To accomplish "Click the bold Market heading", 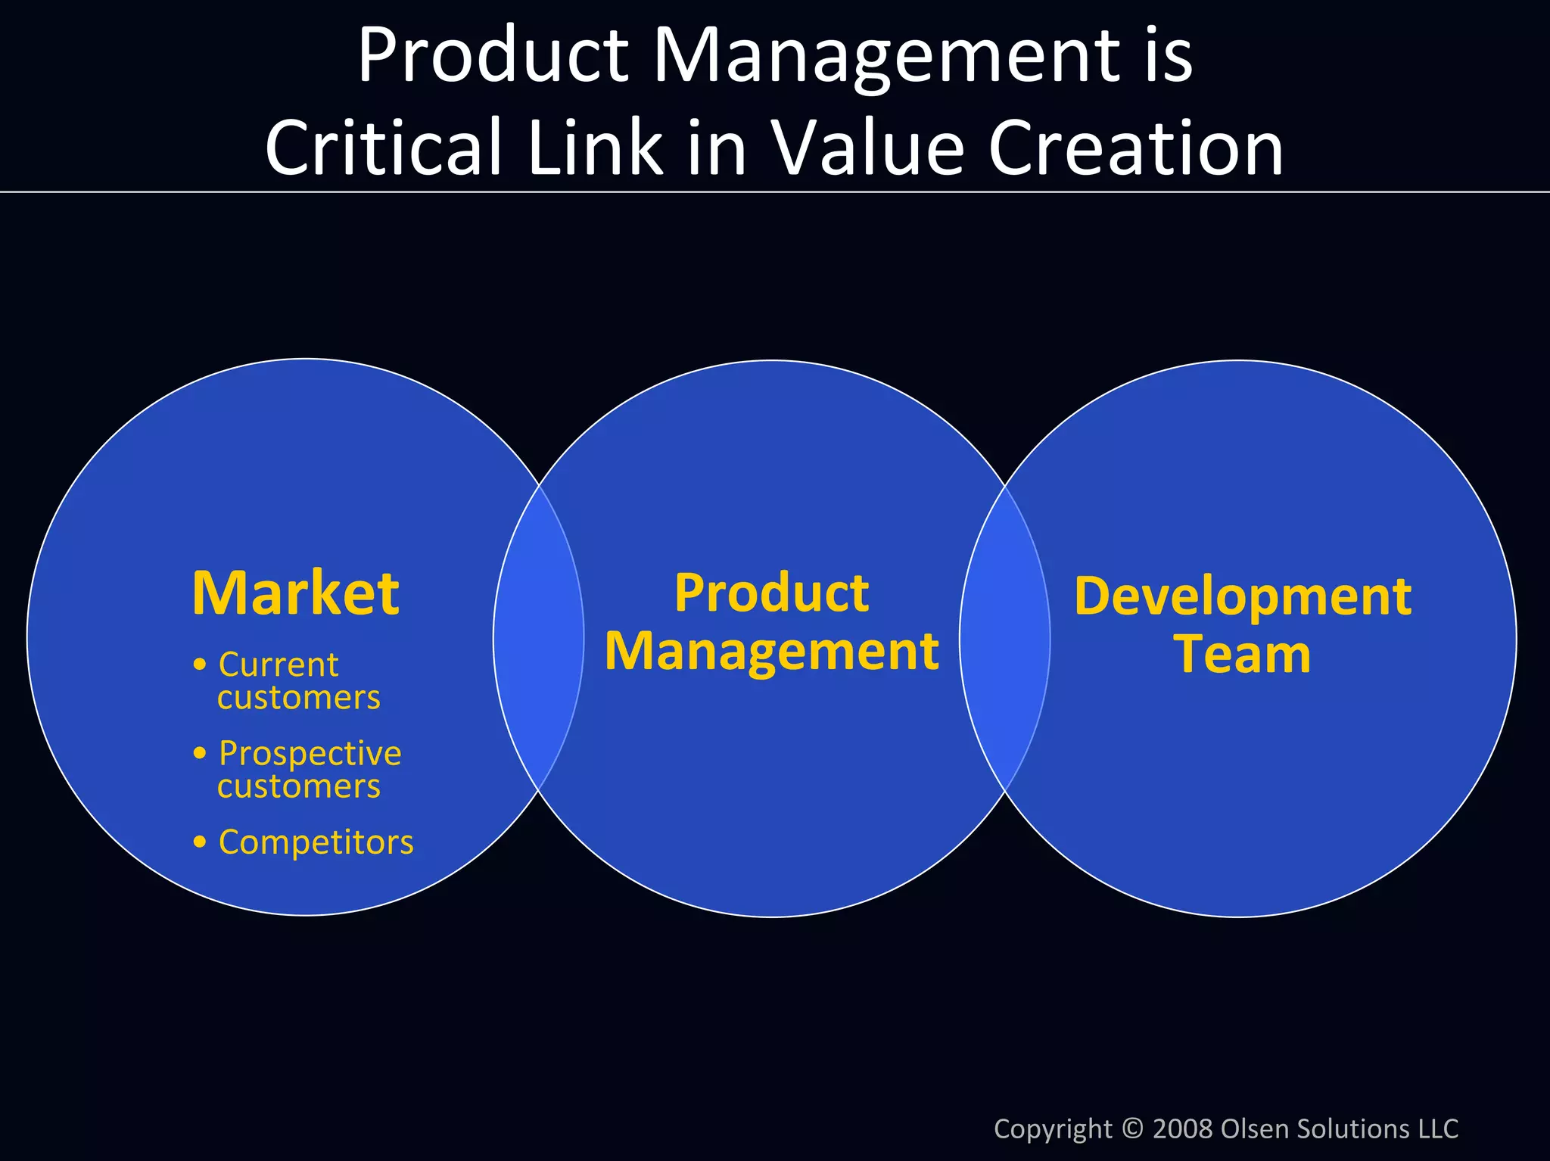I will coord(295,593).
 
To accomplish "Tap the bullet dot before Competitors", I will coord(200,842).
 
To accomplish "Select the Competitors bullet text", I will coord(316,842).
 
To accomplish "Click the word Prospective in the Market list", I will coord(310,753).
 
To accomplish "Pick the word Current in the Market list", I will coord(278,665).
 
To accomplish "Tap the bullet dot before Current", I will coord(200,665).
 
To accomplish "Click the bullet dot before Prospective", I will coord(200,753).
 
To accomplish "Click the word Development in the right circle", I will coord(1242,597).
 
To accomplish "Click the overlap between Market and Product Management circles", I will coord(539,638).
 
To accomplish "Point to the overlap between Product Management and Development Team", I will coord(1005,638).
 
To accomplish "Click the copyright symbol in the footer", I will coord(1132,1128).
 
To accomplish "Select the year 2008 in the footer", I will coord(1183,1128).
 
